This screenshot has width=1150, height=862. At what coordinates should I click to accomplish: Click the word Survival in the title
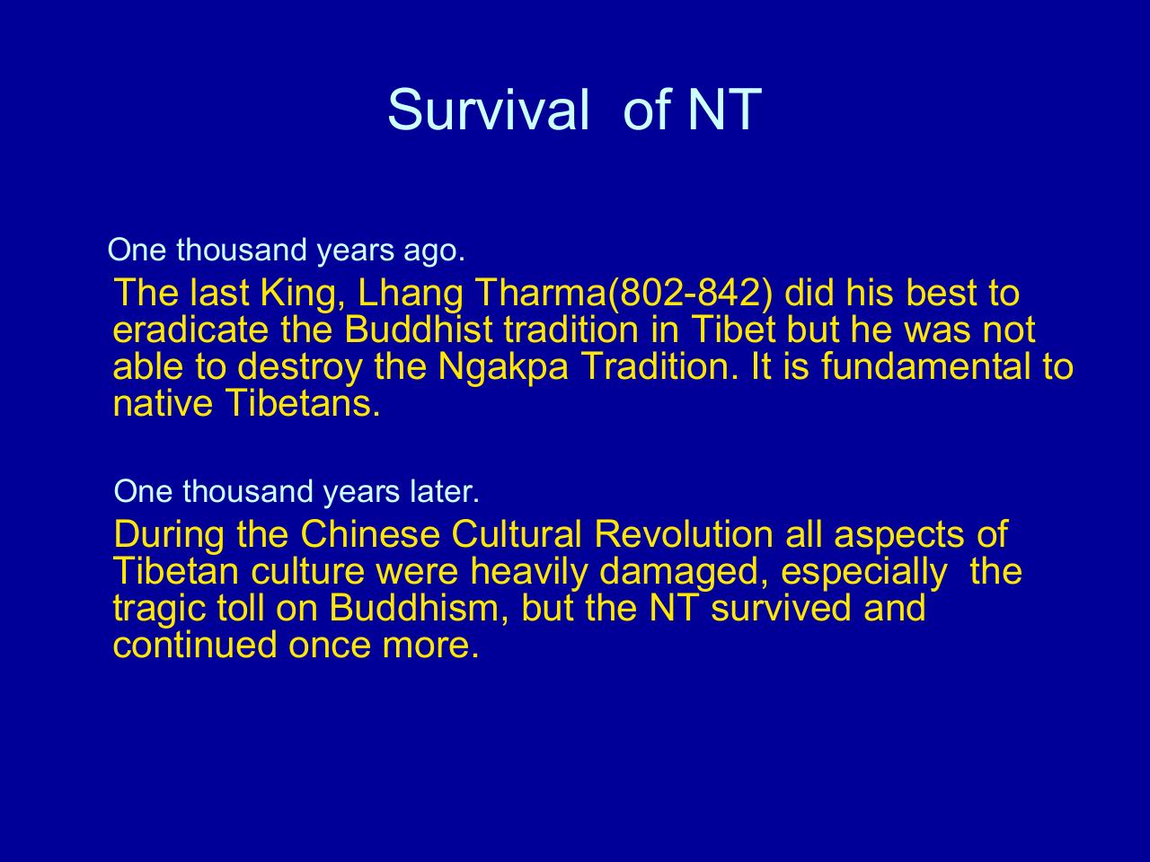[488, 110]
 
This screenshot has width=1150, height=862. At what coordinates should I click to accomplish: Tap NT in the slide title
[724, 110]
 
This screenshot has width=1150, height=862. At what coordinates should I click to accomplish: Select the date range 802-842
[691, 293]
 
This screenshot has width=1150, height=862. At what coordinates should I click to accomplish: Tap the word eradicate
[190, 330]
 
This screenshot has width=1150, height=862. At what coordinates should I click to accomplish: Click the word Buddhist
[418, 330]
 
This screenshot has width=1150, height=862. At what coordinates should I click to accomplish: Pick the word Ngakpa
[503, 368]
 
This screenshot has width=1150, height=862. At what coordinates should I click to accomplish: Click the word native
[164, 404]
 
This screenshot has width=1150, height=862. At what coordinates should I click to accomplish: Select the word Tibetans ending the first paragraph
[304, 403]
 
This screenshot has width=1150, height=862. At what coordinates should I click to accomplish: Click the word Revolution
[684, 534]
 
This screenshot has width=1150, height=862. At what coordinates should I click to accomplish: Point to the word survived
[781, 608]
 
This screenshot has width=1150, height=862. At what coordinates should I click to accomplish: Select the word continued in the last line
[195, 645]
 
